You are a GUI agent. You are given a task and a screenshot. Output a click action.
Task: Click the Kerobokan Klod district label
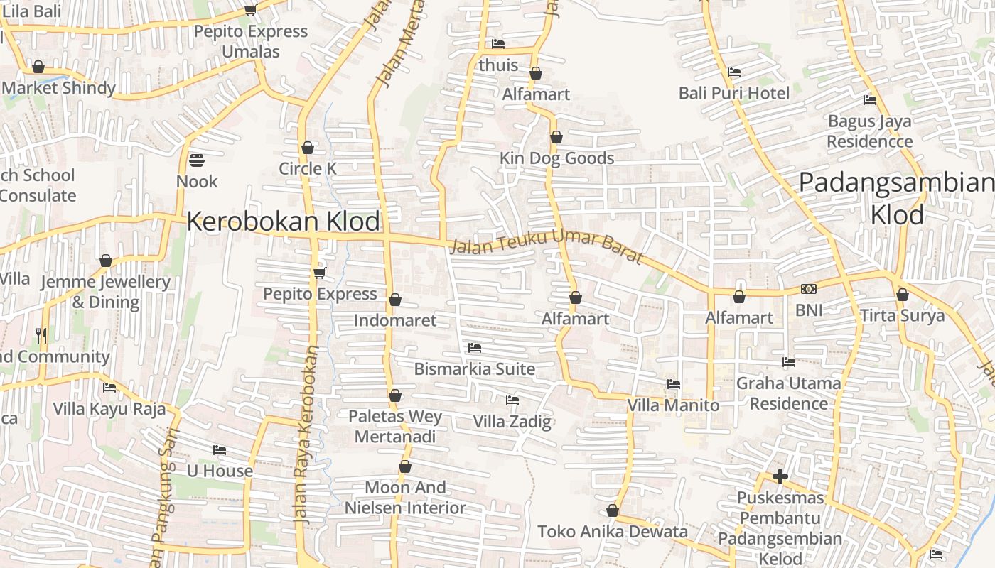point(284,222)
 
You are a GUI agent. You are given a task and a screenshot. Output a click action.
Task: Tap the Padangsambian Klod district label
point(897,198)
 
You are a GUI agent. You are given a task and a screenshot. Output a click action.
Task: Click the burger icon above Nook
point(197,160)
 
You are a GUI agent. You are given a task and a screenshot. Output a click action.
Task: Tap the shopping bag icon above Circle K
point(308,148)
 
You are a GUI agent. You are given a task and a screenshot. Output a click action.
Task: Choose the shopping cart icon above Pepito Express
point(319,273)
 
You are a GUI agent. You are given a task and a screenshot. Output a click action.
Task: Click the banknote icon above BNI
point(809,289)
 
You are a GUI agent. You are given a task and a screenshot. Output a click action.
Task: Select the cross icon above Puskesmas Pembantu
point(780,476)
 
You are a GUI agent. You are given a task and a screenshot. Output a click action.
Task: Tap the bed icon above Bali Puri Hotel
point(734,72)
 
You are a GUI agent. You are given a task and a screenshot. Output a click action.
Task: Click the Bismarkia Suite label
point(475,369)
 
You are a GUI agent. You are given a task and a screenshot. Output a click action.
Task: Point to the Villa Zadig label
point(512,422)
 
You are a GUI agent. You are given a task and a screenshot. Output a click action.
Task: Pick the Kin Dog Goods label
point(556,158)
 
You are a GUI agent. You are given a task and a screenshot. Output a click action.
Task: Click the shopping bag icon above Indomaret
point(395,300)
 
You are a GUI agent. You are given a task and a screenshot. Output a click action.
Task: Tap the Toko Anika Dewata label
point(613,532)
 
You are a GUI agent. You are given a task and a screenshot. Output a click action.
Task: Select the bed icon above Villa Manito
point(674,384)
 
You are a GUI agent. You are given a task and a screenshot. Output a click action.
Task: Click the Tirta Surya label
point(902,315)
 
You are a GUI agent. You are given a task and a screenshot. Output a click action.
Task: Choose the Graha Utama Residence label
point(789,393)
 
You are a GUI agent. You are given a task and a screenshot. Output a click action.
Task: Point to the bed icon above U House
point(220,450)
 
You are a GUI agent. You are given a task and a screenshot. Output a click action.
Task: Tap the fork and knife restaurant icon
point(42,334)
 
